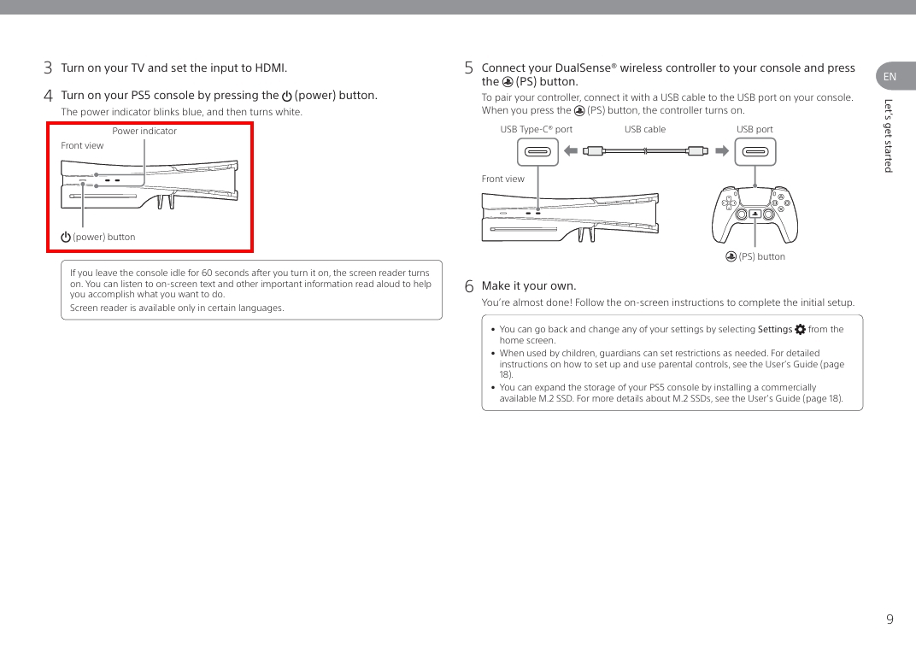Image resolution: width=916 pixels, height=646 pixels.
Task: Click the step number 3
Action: pyautogui.click(x=49, y=68)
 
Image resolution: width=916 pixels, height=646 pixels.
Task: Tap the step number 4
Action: pyautogui.click(x=49, y=96)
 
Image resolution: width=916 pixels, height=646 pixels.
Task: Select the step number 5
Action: pyautogui.click(x=469, y=68)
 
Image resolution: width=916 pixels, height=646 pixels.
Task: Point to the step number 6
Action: pyautogui.click(x=469, y=286)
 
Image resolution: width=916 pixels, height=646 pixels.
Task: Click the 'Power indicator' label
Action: pyautogui.click(x=144, y=131)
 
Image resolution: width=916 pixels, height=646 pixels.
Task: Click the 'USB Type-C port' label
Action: pyautogui.click(x=536, y=130)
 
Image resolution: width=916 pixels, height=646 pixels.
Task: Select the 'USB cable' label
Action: pyautogui.click(x=645, y=130)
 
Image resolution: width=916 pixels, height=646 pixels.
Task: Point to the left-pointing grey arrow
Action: pyautogui.click(x=572, y=151)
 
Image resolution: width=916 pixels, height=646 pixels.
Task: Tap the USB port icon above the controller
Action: pyautogui.click(x=755, y=152)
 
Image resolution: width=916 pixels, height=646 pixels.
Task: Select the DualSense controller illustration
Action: pyautogui.click(x=755, y=214)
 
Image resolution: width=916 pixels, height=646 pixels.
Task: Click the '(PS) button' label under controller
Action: pyautogui.click(x=755, y=256)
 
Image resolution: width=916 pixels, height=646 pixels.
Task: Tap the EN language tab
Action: pyautogui.click(x=892, y=77)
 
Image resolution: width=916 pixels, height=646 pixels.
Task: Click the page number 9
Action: pyautogui.click(x=890, y=620)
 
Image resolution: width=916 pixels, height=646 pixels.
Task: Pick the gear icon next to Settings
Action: pyautogui.click(x=800, y=329)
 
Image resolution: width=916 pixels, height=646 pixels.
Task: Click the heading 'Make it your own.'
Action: pyautogui.click(x=529, y=286)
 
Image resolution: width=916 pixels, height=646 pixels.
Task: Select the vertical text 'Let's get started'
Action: pyautogui.click(x=889, y=136)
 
